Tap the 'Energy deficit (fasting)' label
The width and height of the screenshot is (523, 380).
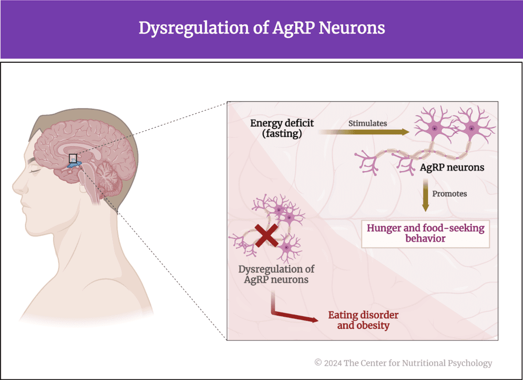[282, 128]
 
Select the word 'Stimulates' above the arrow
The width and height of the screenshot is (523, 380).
[367, 123]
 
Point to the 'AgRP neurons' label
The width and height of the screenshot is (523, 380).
[451, 167]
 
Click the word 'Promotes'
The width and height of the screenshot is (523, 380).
[449, 194]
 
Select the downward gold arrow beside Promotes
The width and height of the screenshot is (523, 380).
[425, 197]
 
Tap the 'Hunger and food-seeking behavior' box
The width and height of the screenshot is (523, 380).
[425, 233]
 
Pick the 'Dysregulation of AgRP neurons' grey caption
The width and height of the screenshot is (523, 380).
[276, 274]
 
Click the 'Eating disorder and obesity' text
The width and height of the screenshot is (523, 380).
[363, 320]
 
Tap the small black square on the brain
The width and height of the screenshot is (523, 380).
[73, 158]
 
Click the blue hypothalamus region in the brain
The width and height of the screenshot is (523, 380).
[75, 164]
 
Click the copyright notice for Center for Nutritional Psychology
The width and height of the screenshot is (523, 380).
[403, 363]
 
